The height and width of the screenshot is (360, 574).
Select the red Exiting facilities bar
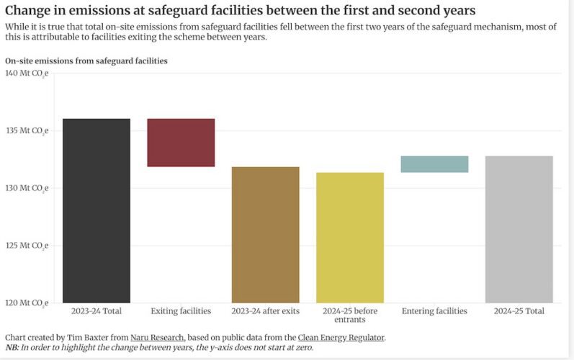[x=181, y=143]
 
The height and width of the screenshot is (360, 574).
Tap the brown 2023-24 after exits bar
[x=265, y=235]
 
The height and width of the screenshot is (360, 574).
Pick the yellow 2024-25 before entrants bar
[x=350, y=238]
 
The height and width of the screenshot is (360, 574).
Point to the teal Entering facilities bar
[x=434, y=164]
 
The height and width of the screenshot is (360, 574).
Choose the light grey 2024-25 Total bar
[x=519, y=229]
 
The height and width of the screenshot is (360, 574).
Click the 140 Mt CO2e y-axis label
[x=26, y=73]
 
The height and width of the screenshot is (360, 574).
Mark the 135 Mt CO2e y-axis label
[x=26, y=131]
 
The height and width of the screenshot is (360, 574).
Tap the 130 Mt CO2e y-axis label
[x=26, y=188]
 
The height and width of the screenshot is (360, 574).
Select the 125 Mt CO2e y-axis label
[x=26, y=246]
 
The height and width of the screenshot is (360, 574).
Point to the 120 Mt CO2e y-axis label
[x=26, y=302]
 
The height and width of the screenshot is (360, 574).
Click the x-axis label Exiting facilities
[x=181, y=311]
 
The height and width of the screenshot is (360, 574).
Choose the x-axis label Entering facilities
[x=434, y=311]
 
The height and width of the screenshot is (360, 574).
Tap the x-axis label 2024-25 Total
[x=519, y=311]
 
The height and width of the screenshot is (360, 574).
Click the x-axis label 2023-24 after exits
[x=265, y=311]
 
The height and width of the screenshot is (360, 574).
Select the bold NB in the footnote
[x=12, y=347]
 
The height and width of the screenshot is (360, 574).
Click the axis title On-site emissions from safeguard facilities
[x=86, y=61]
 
